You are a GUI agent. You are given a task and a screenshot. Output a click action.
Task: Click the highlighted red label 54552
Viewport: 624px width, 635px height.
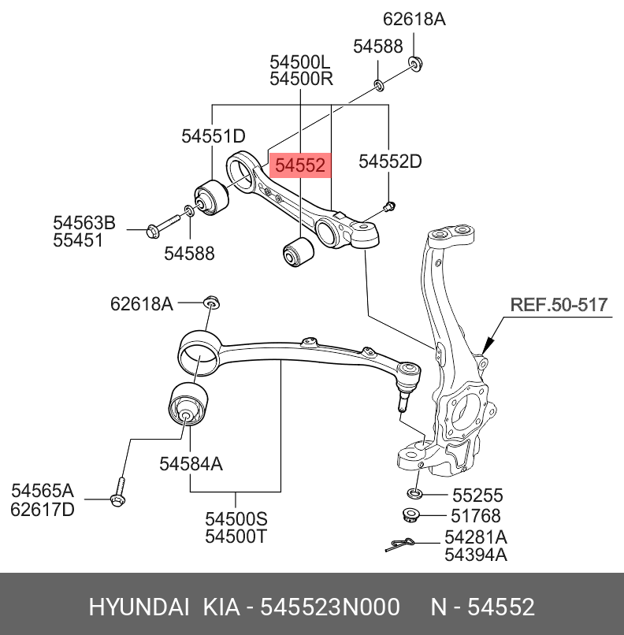pyautogui.click(x=298, y=165)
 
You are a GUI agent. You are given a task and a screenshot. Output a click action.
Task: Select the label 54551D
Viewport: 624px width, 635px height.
pyautogui.click(x=214, y=136)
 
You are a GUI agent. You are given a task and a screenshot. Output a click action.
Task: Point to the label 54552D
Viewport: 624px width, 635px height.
pyautogui.click(x=390, y=162)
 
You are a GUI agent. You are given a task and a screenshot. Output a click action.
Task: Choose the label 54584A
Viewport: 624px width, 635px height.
pyautogui.click(x=191, y=465)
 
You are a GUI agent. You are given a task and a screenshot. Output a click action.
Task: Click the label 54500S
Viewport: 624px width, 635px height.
pyautogui.click(x=236, y=519)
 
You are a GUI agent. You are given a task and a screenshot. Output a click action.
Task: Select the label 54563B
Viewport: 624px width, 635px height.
pyautogui.click(x=84, y=224)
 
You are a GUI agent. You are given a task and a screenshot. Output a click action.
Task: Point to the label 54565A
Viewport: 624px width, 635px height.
pyautogui.click(x=42, y=491)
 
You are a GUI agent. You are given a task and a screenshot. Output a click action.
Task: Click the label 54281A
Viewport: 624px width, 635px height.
pyautogui.click(x=475, y=537)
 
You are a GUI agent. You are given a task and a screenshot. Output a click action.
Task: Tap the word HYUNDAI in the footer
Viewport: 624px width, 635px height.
pyautogui.click(x=139, y=607)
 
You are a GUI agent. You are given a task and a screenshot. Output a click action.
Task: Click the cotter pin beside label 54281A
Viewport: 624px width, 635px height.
pyautogui.click(x=402, y=544)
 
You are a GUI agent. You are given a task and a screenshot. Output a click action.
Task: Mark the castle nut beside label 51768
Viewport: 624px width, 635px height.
pyautogui.click(x=410, y=517)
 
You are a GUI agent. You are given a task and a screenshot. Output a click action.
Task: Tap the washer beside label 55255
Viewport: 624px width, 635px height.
pyautogui.click(x=414, y=494)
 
